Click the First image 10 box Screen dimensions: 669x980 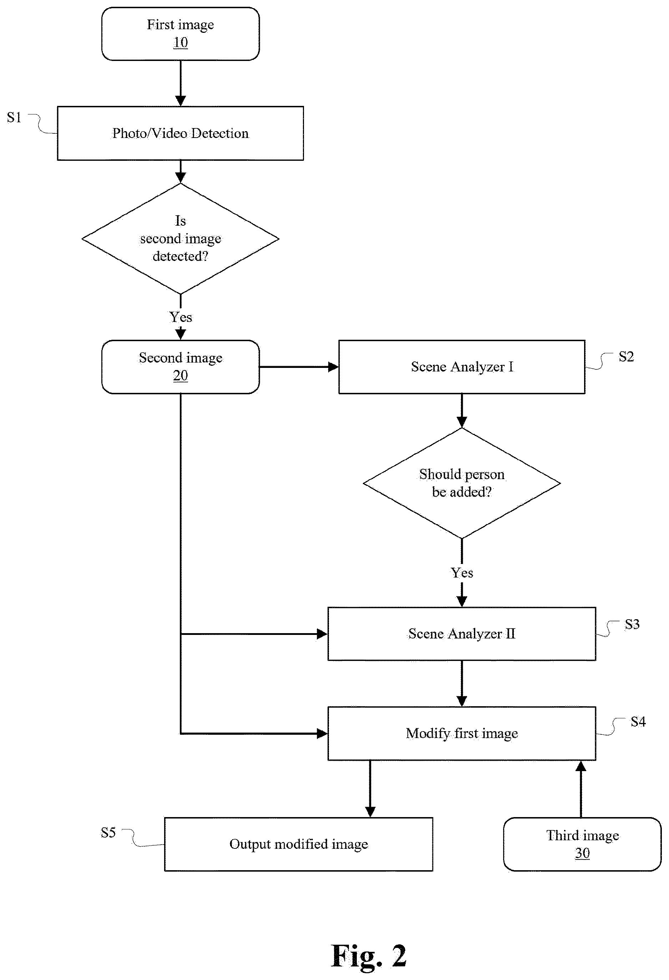[x=180, y=34]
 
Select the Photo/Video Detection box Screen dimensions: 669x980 [x=180, y=133]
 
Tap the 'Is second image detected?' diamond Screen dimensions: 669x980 [x=180, y=239]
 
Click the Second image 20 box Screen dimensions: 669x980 [x=180, y=367]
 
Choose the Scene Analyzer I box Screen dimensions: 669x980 [x=462, y=367]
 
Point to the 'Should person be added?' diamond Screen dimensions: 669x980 [x=462, y=483]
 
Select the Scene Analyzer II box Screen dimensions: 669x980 [x=462, y=634]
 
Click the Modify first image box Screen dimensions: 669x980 [x=462, y=734]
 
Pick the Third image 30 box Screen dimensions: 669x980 [x=582, y=844]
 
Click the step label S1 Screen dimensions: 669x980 [x=14, y=117]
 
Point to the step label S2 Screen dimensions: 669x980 [x=626, y=357]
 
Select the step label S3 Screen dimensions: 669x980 [x=632, y=624]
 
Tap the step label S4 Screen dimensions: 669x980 [x=638, y=722]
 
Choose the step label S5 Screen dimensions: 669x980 [x=108, y=832]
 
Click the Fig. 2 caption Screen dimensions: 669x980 [x=369, y=956]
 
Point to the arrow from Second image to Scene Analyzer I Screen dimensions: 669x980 [x=299, y=367]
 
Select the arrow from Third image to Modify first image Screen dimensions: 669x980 [x=581, y=789]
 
